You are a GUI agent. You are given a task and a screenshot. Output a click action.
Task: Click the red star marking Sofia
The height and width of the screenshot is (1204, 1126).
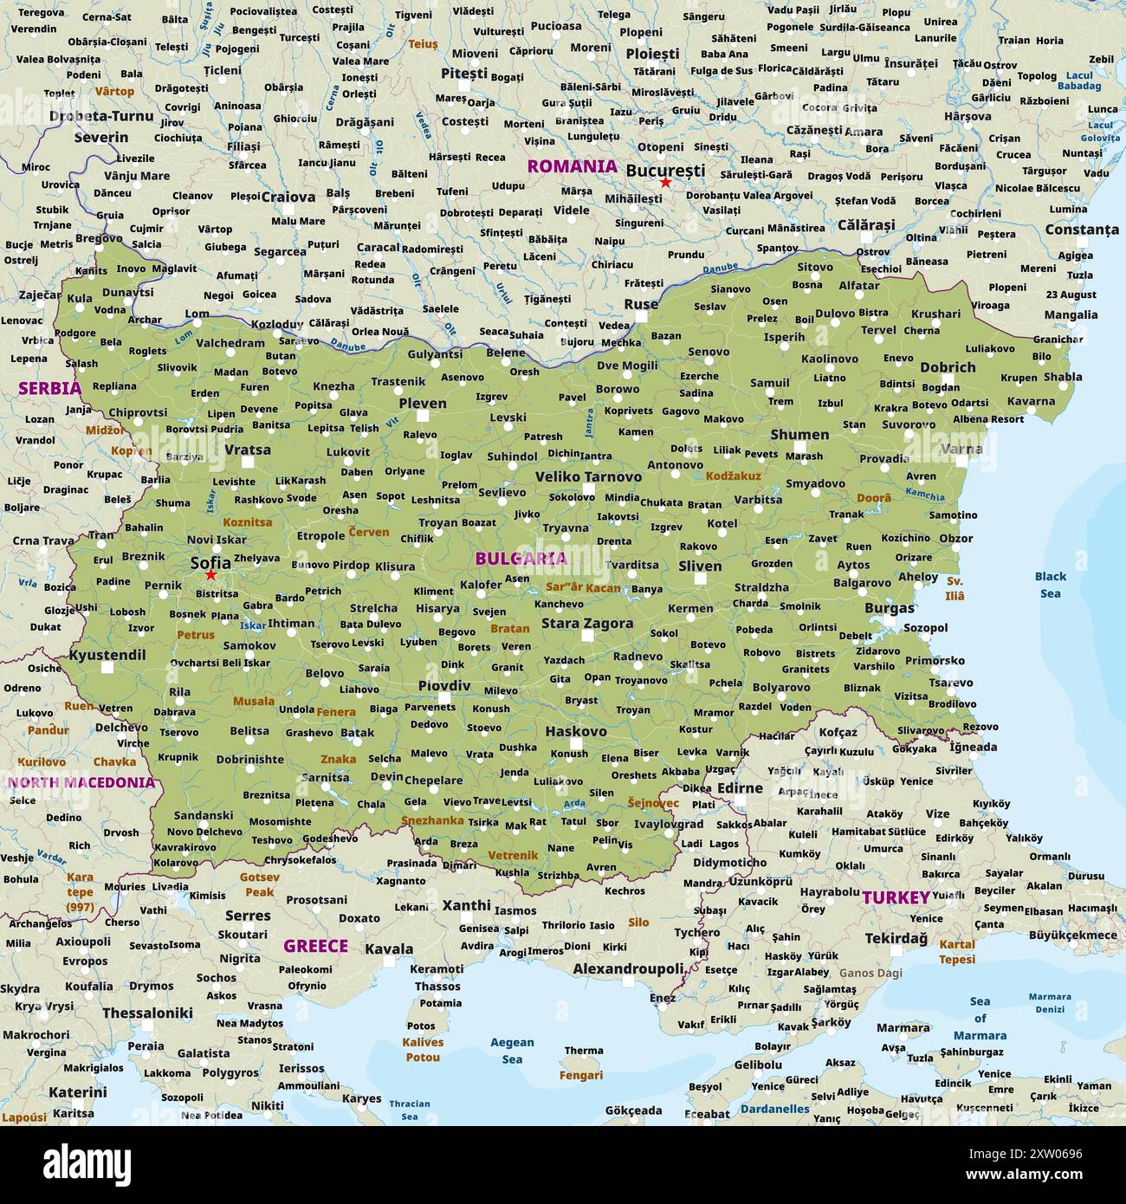click(210, 574)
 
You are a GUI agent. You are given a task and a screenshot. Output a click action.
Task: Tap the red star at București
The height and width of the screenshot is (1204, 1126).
click(665, 183)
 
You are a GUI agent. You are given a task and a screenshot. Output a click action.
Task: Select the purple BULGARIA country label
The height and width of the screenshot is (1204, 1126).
click(521, 559)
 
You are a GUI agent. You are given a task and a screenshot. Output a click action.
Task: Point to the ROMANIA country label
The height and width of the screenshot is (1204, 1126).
click(573, 165)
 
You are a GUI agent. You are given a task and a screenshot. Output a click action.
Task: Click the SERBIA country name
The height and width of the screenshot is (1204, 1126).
click(49, 388)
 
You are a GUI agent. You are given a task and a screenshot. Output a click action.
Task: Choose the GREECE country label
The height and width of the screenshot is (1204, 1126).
click(316, 946)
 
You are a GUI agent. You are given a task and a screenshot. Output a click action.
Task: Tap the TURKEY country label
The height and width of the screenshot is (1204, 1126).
click(896, 897)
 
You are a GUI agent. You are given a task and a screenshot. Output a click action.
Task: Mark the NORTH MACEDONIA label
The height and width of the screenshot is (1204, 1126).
click(81, 782)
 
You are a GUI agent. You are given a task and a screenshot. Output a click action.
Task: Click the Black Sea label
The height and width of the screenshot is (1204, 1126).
click(1051, 585)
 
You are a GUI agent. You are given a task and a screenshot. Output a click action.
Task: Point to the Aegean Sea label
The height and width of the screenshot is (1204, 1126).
click(512, 1051)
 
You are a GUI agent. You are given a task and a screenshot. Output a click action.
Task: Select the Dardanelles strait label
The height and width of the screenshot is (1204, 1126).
click(775, 1109)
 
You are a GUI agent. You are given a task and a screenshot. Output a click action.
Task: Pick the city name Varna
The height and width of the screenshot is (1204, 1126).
click(961, 449)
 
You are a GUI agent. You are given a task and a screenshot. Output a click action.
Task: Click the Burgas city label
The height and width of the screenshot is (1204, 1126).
click(890, 608)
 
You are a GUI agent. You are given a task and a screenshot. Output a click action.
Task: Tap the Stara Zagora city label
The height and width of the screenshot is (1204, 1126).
click(587, 623)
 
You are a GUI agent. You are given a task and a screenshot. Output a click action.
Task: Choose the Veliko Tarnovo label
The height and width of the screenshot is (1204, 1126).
click(588, 476)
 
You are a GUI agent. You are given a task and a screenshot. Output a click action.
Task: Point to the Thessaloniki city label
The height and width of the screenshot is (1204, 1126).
click(147, 1013)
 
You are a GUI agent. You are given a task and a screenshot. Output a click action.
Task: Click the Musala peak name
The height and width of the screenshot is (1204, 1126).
click(254, 701)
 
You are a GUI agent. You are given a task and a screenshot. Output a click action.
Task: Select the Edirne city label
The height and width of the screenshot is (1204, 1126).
click(740, 788)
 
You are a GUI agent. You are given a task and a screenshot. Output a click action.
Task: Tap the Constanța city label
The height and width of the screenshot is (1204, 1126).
click(1082, 230)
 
